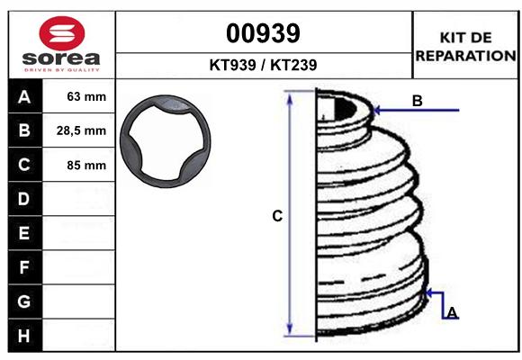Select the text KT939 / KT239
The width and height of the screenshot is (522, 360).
coord(263,66)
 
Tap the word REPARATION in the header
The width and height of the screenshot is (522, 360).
coord(465,56)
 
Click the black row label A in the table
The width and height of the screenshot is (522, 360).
coord(23,97)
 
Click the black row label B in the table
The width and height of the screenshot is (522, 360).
coord(23,131)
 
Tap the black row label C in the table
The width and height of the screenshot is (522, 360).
coord(23,166)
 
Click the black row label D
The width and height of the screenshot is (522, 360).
coord(23,199)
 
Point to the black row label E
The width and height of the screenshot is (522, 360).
coord(23,233)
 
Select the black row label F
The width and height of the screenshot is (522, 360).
coord(23,267)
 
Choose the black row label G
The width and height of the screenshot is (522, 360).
coord(23,301)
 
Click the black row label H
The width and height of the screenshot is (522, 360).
coord(23,335)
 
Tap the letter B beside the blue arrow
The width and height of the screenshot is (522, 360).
coord(417,101)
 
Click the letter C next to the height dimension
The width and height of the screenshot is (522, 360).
coord(277,216)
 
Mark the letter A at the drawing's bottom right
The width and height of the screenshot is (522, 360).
coord(452,312)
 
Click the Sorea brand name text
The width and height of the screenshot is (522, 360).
coord(60,58)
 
